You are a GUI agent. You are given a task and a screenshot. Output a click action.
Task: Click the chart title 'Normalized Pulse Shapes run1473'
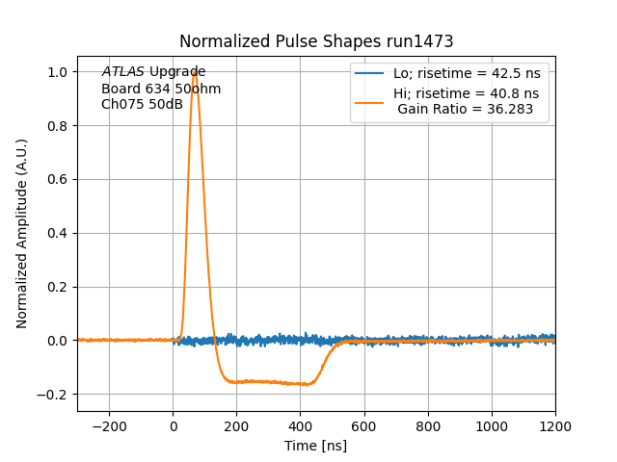point(316,42)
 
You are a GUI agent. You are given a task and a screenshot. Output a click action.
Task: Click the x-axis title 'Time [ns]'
point(316,446)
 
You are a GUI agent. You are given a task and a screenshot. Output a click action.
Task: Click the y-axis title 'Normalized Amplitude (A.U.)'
point(22,233)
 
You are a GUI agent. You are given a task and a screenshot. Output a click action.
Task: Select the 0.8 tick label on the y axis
point(59,126)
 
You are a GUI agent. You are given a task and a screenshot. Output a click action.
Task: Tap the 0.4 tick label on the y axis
point(59,233)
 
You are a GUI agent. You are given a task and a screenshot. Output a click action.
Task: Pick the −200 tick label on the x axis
point(109,425)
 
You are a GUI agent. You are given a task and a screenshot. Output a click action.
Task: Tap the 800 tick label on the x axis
point(428,425)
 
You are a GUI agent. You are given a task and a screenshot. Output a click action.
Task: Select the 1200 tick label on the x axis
point(555,425)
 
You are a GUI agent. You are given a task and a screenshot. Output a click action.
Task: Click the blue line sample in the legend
point(369,73)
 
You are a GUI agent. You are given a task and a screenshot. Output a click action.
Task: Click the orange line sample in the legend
point(369,94)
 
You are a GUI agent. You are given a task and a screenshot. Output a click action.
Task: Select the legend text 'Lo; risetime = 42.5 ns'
point(466,73)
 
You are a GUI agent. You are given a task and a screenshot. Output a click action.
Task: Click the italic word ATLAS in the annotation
point(123,72)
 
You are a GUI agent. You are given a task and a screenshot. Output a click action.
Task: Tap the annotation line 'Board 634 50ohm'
point(161,89)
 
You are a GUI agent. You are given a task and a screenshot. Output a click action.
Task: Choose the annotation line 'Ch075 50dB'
point(142,104)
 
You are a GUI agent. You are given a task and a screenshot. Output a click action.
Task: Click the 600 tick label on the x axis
point(364,425)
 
